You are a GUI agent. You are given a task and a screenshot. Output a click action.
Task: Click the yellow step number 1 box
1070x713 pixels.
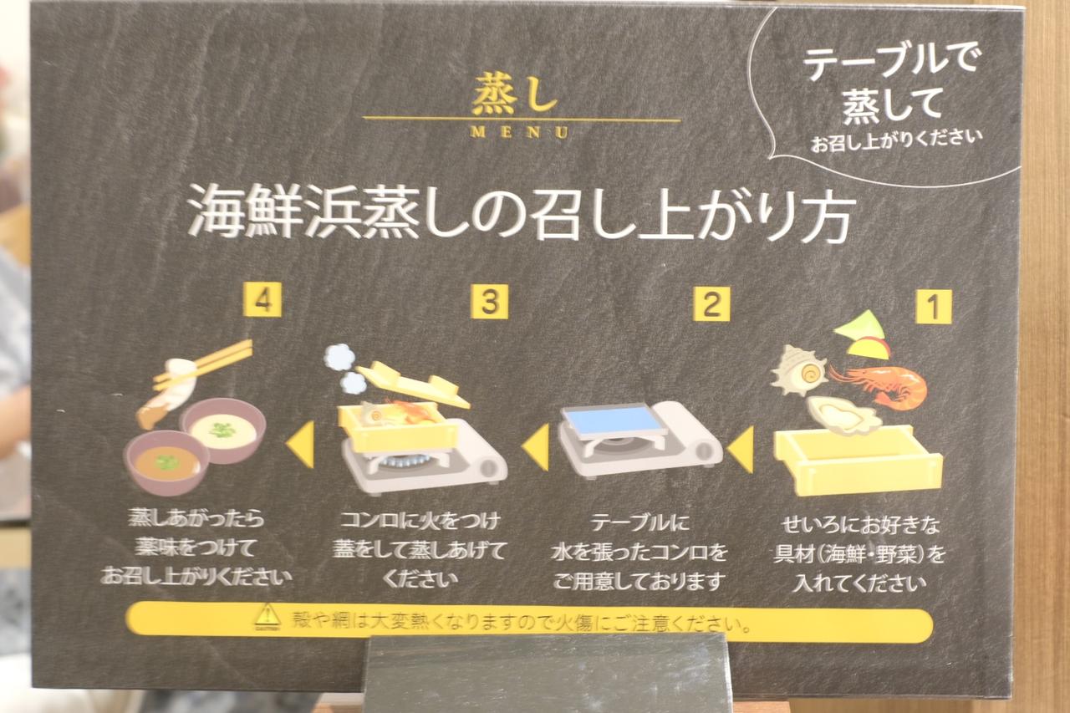(x=934, y=306)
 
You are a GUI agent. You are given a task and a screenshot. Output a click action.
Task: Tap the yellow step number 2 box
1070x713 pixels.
(x=711, y=304)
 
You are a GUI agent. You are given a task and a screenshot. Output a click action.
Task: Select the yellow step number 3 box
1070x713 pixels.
(x=489, y=302)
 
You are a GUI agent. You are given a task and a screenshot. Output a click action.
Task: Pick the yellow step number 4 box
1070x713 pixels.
(x=262, y=299)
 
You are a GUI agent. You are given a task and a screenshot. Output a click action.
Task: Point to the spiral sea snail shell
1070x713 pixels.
(x=799, y=369)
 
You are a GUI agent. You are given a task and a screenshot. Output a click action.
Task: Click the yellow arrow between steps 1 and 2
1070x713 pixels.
(x=741, y=449)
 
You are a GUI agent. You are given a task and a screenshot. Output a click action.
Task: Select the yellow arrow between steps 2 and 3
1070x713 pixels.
(x=536, y=446)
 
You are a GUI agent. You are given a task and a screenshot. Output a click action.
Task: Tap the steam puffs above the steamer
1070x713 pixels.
(x=345, y=369)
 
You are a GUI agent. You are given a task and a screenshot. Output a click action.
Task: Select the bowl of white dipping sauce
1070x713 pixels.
(x=222, y=430)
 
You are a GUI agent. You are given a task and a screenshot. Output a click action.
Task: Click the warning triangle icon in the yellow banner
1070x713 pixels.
(x=267, y=617)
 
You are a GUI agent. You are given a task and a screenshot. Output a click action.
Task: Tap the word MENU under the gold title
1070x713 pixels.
(x=519, y=132)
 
